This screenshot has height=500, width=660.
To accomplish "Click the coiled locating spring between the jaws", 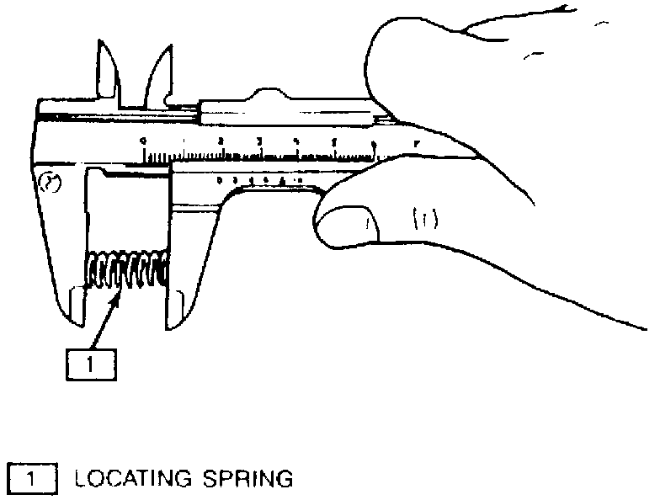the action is [x=126, y=269].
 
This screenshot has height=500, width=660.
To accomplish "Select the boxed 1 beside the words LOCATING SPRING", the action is [x=32, y=479].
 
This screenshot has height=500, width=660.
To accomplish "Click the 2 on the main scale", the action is [x=221, y=141].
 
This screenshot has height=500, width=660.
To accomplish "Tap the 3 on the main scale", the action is [x=259, y=141].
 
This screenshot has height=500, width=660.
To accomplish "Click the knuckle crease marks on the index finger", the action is [x=421, y=221].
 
